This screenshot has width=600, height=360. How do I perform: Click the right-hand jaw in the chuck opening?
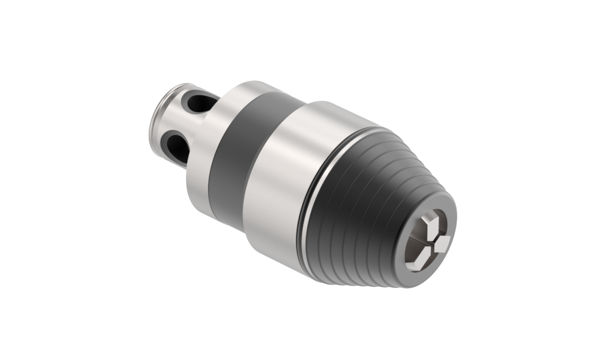(x=442, y=244)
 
